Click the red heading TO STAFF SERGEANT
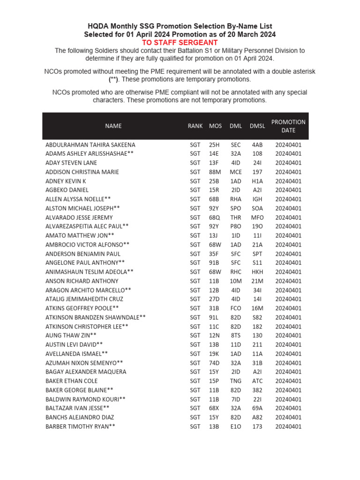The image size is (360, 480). [180, 43]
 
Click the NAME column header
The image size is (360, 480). [113, 126]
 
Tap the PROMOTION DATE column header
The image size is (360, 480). [288, 126]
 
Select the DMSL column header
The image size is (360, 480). [257, 126]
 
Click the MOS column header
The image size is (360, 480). [215, 126]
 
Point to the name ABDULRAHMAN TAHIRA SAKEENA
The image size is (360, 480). [90, 145]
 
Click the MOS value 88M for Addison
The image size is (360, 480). [215, 172]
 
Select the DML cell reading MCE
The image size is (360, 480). [236, 172]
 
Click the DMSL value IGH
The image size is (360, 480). [257, 199]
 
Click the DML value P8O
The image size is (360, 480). [236, 226]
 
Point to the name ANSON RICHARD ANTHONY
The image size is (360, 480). [82, 281]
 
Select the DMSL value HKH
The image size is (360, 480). [257, 272]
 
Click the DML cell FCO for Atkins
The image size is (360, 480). [236, 308]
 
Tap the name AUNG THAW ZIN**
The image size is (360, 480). [71, 336]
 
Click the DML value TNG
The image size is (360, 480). [236, 381]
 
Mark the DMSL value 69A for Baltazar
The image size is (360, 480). [257, 408]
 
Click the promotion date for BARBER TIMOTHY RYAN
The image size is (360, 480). [288, 427]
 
